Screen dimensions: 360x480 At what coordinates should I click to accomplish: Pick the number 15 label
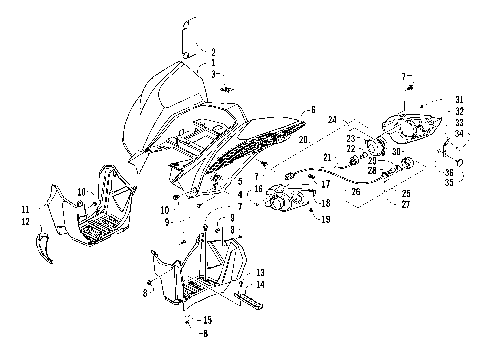pos(208,319)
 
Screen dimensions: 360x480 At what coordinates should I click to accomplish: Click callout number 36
pos(450,172)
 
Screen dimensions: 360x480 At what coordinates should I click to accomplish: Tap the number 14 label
pos(260,285)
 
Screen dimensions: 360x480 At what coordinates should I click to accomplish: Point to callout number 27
pos(404,204)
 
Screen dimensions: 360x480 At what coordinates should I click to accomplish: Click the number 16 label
pos(257,187)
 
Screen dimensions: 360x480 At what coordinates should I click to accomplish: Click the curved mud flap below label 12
pos(42,246)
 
